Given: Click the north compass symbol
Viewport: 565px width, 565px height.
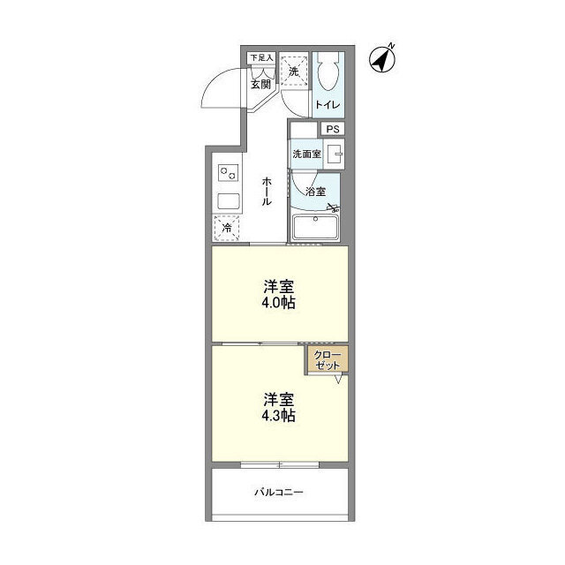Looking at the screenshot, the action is (382, 59).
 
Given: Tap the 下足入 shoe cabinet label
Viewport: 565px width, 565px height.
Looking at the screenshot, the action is (262, 57).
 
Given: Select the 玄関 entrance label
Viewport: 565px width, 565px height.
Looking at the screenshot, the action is (260, 85).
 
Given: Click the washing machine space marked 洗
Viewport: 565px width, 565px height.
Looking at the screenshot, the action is (294, 72).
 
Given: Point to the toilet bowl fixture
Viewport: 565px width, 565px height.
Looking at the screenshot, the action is (328, 71).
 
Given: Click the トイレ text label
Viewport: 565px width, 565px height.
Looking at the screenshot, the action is (328, 105).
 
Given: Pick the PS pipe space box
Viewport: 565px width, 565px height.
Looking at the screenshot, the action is (333, 129).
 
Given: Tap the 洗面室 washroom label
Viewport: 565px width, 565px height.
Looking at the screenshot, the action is (306, 154).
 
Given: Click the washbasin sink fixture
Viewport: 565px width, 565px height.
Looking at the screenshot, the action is (334, 154).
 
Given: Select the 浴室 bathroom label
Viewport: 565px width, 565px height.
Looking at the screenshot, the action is (316, 192).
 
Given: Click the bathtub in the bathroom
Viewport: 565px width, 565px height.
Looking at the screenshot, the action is (315, 227).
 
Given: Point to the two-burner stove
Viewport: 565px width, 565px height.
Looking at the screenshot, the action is (228, 173).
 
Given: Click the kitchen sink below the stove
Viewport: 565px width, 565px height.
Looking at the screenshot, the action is (229, 201).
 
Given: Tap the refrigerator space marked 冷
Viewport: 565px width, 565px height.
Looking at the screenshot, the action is (227, 228).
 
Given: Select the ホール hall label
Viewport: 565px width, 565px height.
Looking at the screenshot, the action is (267, 191).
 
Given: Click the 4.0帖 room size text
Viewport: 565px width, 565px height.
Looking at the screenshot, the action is (279, 303).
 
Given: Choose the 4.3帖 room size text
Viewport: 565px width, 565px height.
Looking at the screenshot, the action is (279, 416).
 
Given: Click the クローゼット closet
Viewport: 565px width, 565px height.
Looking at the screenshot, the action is (328, 360).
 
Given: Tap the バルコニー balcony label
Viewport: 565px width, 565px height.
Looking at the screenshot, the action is (279, 492).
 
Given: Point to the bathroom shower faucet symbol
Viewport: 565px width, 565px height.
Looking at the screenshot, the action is (334, 208).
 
